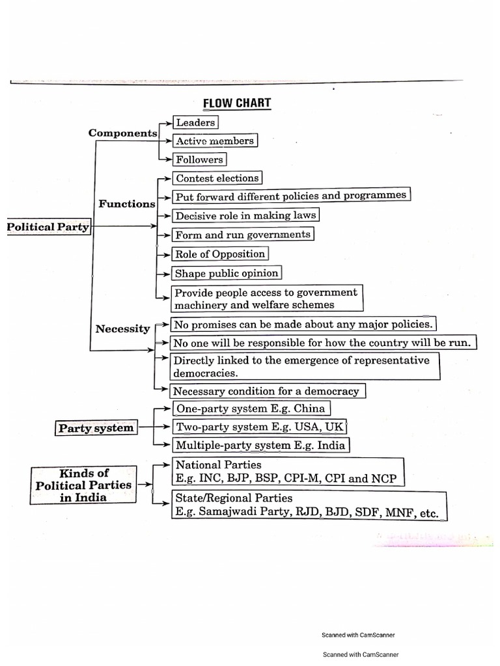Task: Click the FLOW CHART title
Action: pos(237,103)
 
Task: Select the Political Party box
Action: pos(48,227)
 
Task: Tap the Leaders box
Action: pos(195,122)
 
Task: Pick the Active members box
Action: pos(214,140)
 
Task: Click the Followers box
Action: pos(199,159)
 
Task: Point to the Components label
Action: pos(123,133)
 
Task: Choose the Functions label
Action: pos(127,204)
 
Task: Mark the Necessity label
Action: pos(122,328)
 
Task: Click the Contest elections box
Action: pos(217,178)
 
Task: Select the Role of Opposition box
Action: pos(219,254)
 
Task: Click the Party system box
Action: pos(96,428)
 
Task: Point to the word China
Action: pos(309,408)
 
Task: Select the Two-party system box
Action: pos(259,427)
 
